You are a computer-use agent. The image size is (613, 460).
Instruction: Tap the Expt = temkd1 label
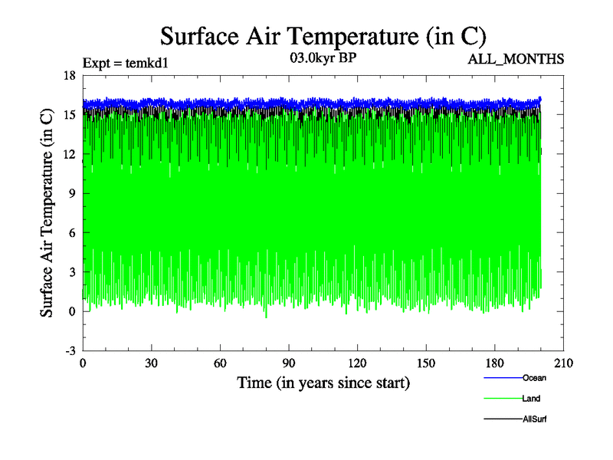point(125,63)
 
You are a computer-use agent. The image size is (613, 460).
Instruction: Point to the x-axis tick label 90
point(289,363)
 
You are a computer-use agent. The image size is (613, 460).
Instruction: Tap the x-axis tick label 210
point(564,363)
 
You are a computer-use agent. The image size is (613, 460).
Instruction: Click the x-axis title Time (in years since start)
point(323,383)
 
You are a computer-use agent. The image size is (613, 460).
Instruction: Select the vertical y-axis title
point(48,213)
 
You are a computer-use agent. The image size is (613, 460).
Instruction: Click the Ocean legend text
point(534,378)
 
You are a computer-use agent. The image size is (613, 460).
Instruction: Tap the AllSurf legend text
point(535,419)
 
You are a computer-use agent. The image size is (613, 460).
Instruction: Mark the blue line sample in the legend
point(503,378)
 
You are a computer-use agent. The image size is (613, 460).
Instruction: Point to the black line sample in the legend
point(503,419)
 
